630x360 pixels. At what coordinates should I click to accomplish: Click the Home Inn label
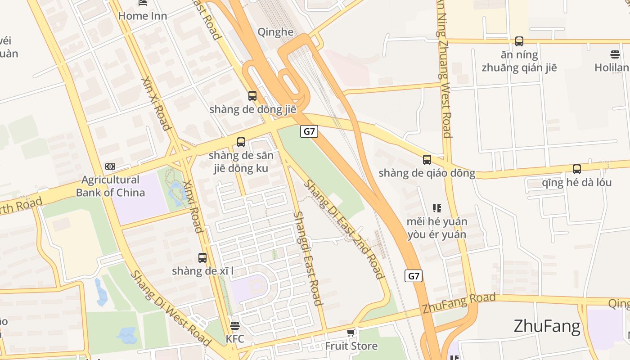[x=142, y=16]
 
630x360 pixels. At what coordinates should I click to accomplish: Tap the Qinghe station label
[x=275, y=31]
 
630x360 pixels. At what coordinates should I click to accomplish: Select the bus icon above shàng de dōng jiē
[x=252, y=95]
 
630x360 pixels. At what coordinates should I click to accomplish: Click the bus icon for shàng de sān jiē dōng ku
[x=241, y=142]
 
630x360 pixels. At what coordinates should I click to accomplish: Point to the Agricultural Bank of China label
[x=110, y=186]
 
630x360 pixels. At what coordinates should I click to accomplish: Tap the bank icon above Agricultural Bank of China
[x=110, y=166]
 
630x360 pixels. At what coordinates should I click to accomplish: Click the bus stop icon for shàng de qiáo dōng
[x=427, y=159]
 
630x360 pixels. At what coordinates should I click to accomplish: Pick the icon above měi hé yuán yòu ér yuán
[x=436, y=208]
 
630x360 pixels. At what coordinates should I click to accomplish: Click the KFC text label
[x=235, y=338]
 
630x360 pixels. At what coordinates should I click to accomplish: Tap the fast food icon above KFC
[x=235, y=325]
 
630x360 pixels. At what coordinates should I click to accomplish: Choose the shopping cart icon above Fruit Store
[x=351, y=333]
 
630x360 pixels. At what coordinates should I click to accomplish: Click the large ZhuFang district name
[x=547, y=326]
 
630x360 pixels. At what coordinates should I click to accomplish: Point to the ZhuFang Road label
[x=459, y=303]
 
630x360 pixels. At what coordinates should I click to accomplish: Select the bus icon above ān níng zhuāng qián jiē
[x=519, y=41]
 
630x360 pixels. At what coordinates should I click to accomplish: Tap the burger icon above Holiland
[x=615, y=54]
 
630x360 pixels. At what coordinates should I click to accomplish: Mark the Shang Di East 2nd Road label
[x=344, y=229]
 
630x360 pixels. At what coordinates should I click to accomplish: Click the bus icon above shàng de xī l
[x=202, y=258]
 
